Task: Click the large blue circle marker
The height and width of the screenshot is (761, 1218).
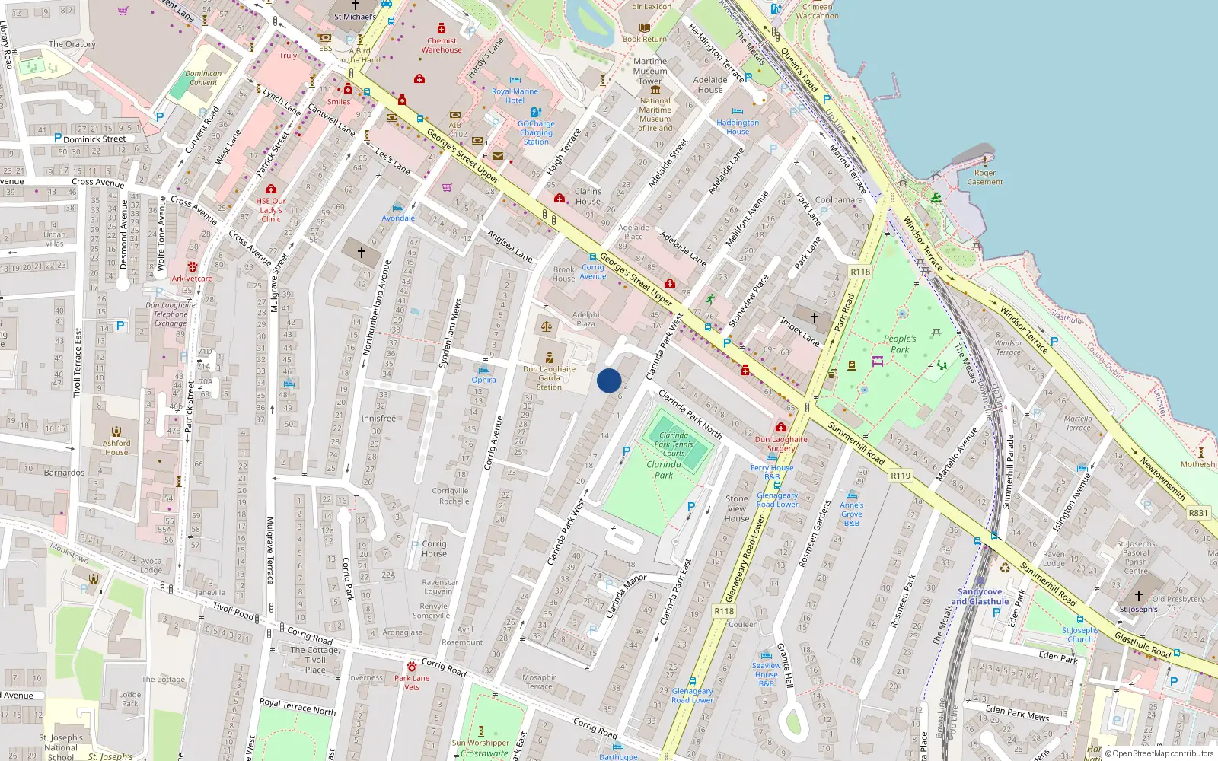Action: (609, 380)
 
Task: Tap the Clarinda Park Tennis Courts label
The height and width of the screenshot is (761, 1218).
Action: (674, 444)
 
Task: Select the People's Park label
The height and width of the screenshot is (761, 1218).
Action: (900, 344)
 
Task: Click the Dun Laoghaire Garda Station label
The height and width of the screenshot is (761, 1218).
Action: (549, 377)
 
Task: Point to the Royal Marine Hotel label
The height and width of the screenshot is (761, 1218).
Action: (515, 96)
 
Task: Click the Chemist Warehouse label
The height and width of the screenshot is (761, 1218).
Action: (442, 46)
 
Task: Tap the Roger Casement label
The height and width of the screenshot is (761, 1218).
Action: (985, 177)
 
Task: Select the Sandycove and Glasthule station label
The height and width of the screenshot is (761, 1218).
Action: (980, 597)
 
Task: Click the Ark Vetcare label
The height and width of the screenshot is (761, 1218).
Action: (192, 279)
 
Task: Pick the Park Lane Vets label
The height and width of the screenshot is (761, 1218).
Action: (412, 683)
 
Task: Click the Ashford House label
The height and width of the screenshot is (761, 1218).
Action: (116, 447)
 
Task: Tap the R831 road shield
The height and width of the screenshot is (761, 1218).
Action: (1198, 513)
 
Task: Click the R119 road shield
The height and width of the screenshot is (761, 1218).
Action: (901, 476)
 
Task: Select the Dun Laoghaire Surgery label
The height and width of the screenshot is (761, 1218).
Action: (781, 444)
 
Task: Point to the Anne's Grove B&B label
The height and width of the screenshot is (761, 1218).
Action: (852, 514)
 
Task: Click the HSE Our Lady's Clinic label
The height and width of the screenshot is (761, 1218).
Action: (271, 210)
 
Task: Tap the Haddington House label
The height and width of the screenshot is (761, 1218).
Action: (738, 127)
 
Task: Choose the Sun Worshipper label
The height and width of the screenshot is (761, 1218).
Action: (480, 743)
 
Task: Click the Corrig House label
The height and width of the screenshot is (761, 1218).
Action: (434, 549)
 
